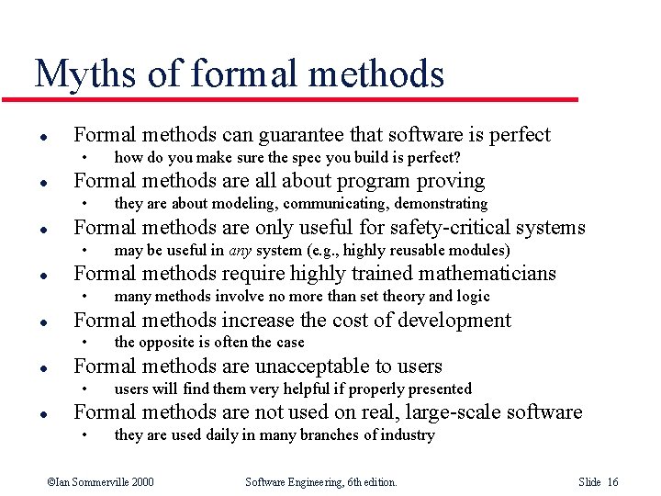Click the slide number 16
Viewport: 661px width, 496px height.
[x=612, y=482]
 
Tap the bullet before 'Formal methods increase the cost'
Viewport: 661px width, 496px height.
[x=43, y=321]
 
